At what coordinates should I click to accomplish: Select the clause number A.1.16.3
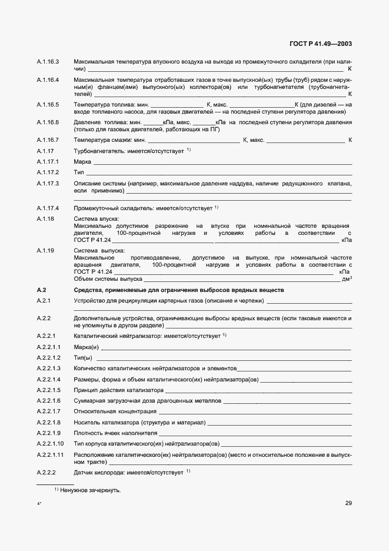[x=48, y=62]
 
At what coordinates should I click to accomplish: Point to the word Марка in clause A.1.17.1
[x=82, y=161]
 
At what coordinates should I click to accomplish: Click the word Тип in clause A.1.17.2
[x=78, y=172]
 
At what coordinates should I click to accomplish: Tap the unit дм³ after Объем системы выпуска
[x=347, y=279]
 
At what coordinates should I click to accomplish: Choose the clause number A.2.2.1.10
[x=51, y=443]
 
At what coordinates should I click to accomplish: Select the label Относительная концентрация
[x=110, y=411]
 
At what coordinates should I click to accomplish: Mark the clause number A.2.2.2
[x=46, y=473]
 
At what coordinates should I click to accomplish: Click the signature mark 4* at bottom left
[x=39, y=504]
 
